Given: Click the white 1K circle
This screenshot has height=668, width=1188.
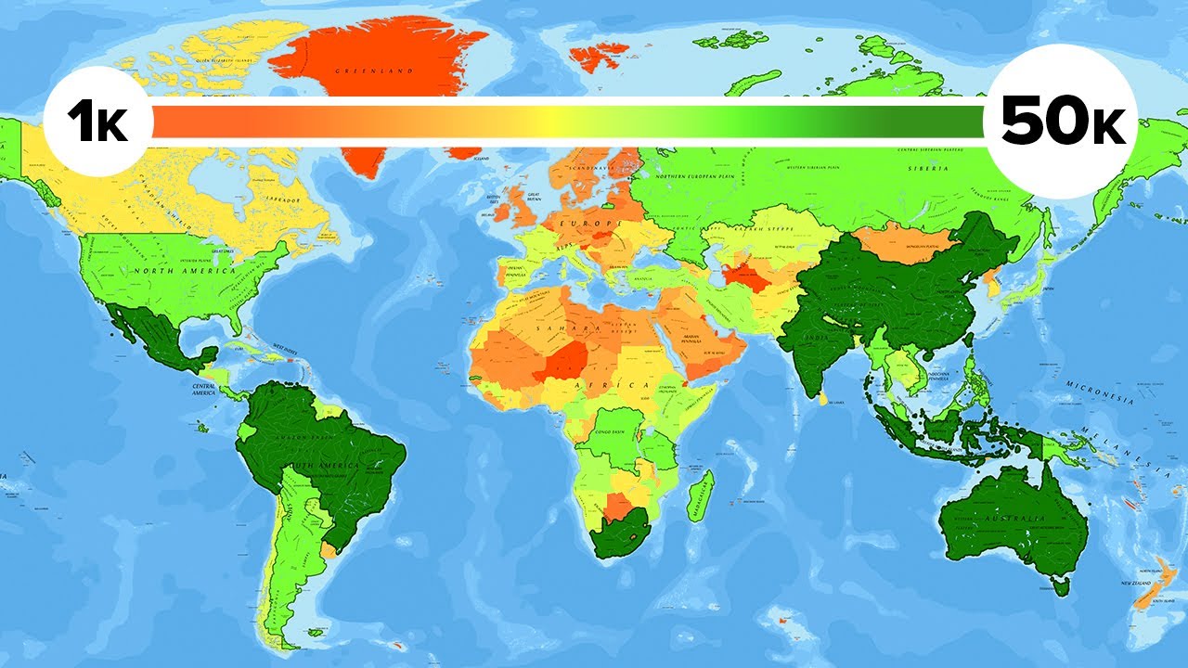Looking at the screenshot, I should (96, 121).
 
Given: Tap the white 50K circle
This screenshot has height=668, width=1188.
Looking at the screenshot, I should (1058, 121).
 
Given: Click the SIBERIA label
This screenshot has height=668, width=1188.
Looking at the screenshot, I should (932, 169).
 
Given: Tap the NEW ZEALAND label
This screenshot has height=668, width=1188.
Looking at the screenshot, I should (1137, 583).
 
